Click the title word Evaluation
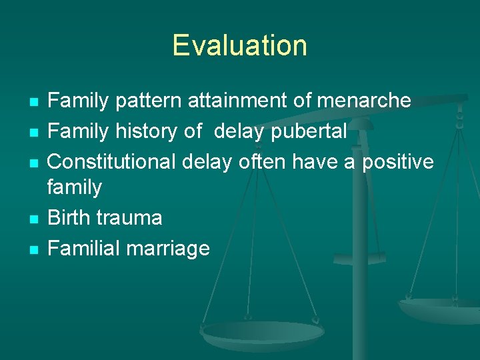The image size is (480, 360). pyautogui.click(x=239, y=45)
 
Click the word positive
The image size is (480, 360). pyautogui.click(x=398, y=161)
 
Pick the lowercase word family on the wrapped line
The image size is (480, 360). pyautogui.click(x=75, y=187)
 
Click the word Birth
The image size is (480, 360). pyautogui.click(x=71, y=218)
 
